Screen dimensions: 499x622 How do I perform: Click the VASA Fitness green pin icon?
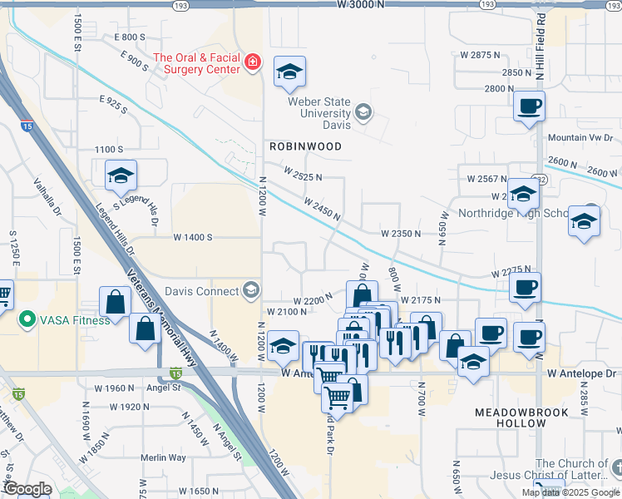point(27,319)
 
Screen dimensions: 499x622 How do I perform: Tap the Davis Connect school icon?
point(250,291)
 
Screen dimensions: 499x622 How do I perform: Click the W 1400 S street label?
point(193,237)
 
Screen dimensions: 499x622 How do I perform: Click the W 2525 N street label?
point(302,175)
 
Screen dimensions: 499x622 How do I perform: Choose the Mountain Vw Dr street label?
point(580,137)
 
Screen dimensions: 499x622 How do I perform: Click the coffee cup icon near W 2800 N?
point(529,106)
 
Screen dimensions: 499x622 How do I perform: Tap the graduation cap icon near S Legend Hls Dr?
point(121,175)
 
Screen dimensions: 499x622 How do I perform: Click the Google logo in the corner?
point(27,490)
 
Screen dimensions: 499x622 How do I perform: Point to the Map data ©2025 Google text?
point(570,492)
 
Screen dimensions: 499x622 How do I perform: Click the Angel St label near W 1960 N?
point(164,387)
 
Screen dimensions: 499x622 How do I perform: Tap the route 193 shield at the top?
point(180,5)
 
